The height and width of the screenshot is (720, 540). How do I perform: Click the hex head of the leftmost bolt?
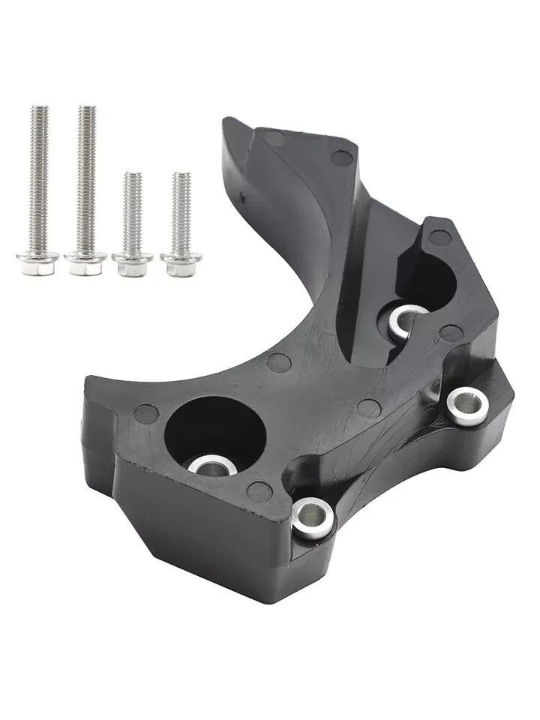37,262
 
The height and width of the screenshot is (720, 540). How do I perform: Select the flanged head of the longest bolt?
85,263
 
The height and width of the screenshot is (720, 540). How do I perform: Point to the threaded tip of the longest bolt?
87,112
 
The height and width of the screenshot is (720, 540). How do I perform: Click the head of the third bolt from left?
133,264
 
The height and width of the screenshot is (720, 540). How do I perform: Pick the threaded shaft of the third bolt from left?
133,210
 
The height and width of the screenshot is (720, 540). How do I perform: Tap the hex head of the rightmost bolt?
180,264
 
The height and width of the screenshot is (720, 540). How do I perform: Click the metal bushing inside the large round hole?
212,466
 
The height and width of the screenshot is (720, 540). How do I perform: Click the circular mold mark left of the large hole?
145,412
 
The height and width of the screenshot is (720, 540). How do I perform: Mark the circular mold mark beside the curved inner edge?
278,363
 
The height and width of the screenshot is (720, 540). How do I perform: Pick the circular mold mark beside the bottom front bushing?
259,492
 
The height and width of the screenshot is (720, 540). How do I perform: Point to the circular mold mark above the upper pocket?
439,238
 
